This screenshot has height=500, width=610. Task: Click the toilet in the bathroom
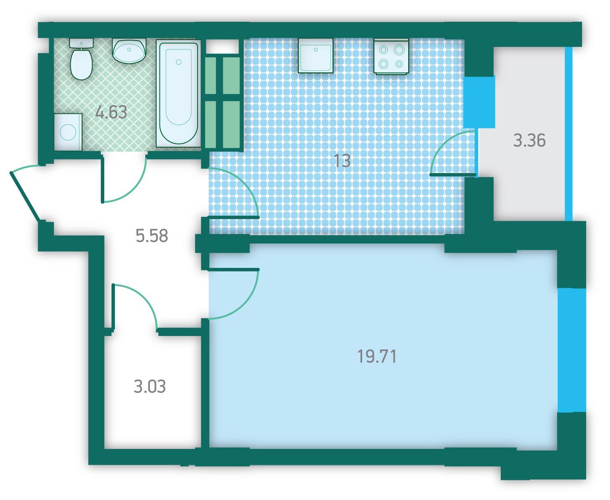point(81,59)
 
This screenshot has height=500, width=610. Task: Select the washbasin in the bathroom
point(129,51)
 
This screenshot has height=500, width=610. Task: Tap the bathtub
point(178,93)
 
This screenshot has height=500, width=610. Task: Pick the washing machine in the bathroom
point(68,132)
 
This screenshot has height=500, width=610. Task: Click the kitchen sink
point(316,56)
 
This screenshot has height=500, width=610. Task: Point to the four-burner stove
point(391,56)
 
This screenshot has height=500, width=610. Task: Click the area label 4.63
point(111,112)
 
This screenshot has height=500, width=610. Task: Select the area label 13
point(342,160)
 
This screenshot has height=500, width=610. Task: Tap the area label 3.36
point(529,140)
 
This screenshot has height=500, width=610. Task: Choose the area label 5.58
point(152,236)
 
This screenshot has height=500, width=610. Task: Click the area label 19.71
point(377,356)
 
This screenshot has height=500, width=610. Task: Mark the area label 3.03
point(150,387)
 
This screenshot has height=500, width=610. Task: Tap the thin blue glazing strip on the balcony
point(569,134)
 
